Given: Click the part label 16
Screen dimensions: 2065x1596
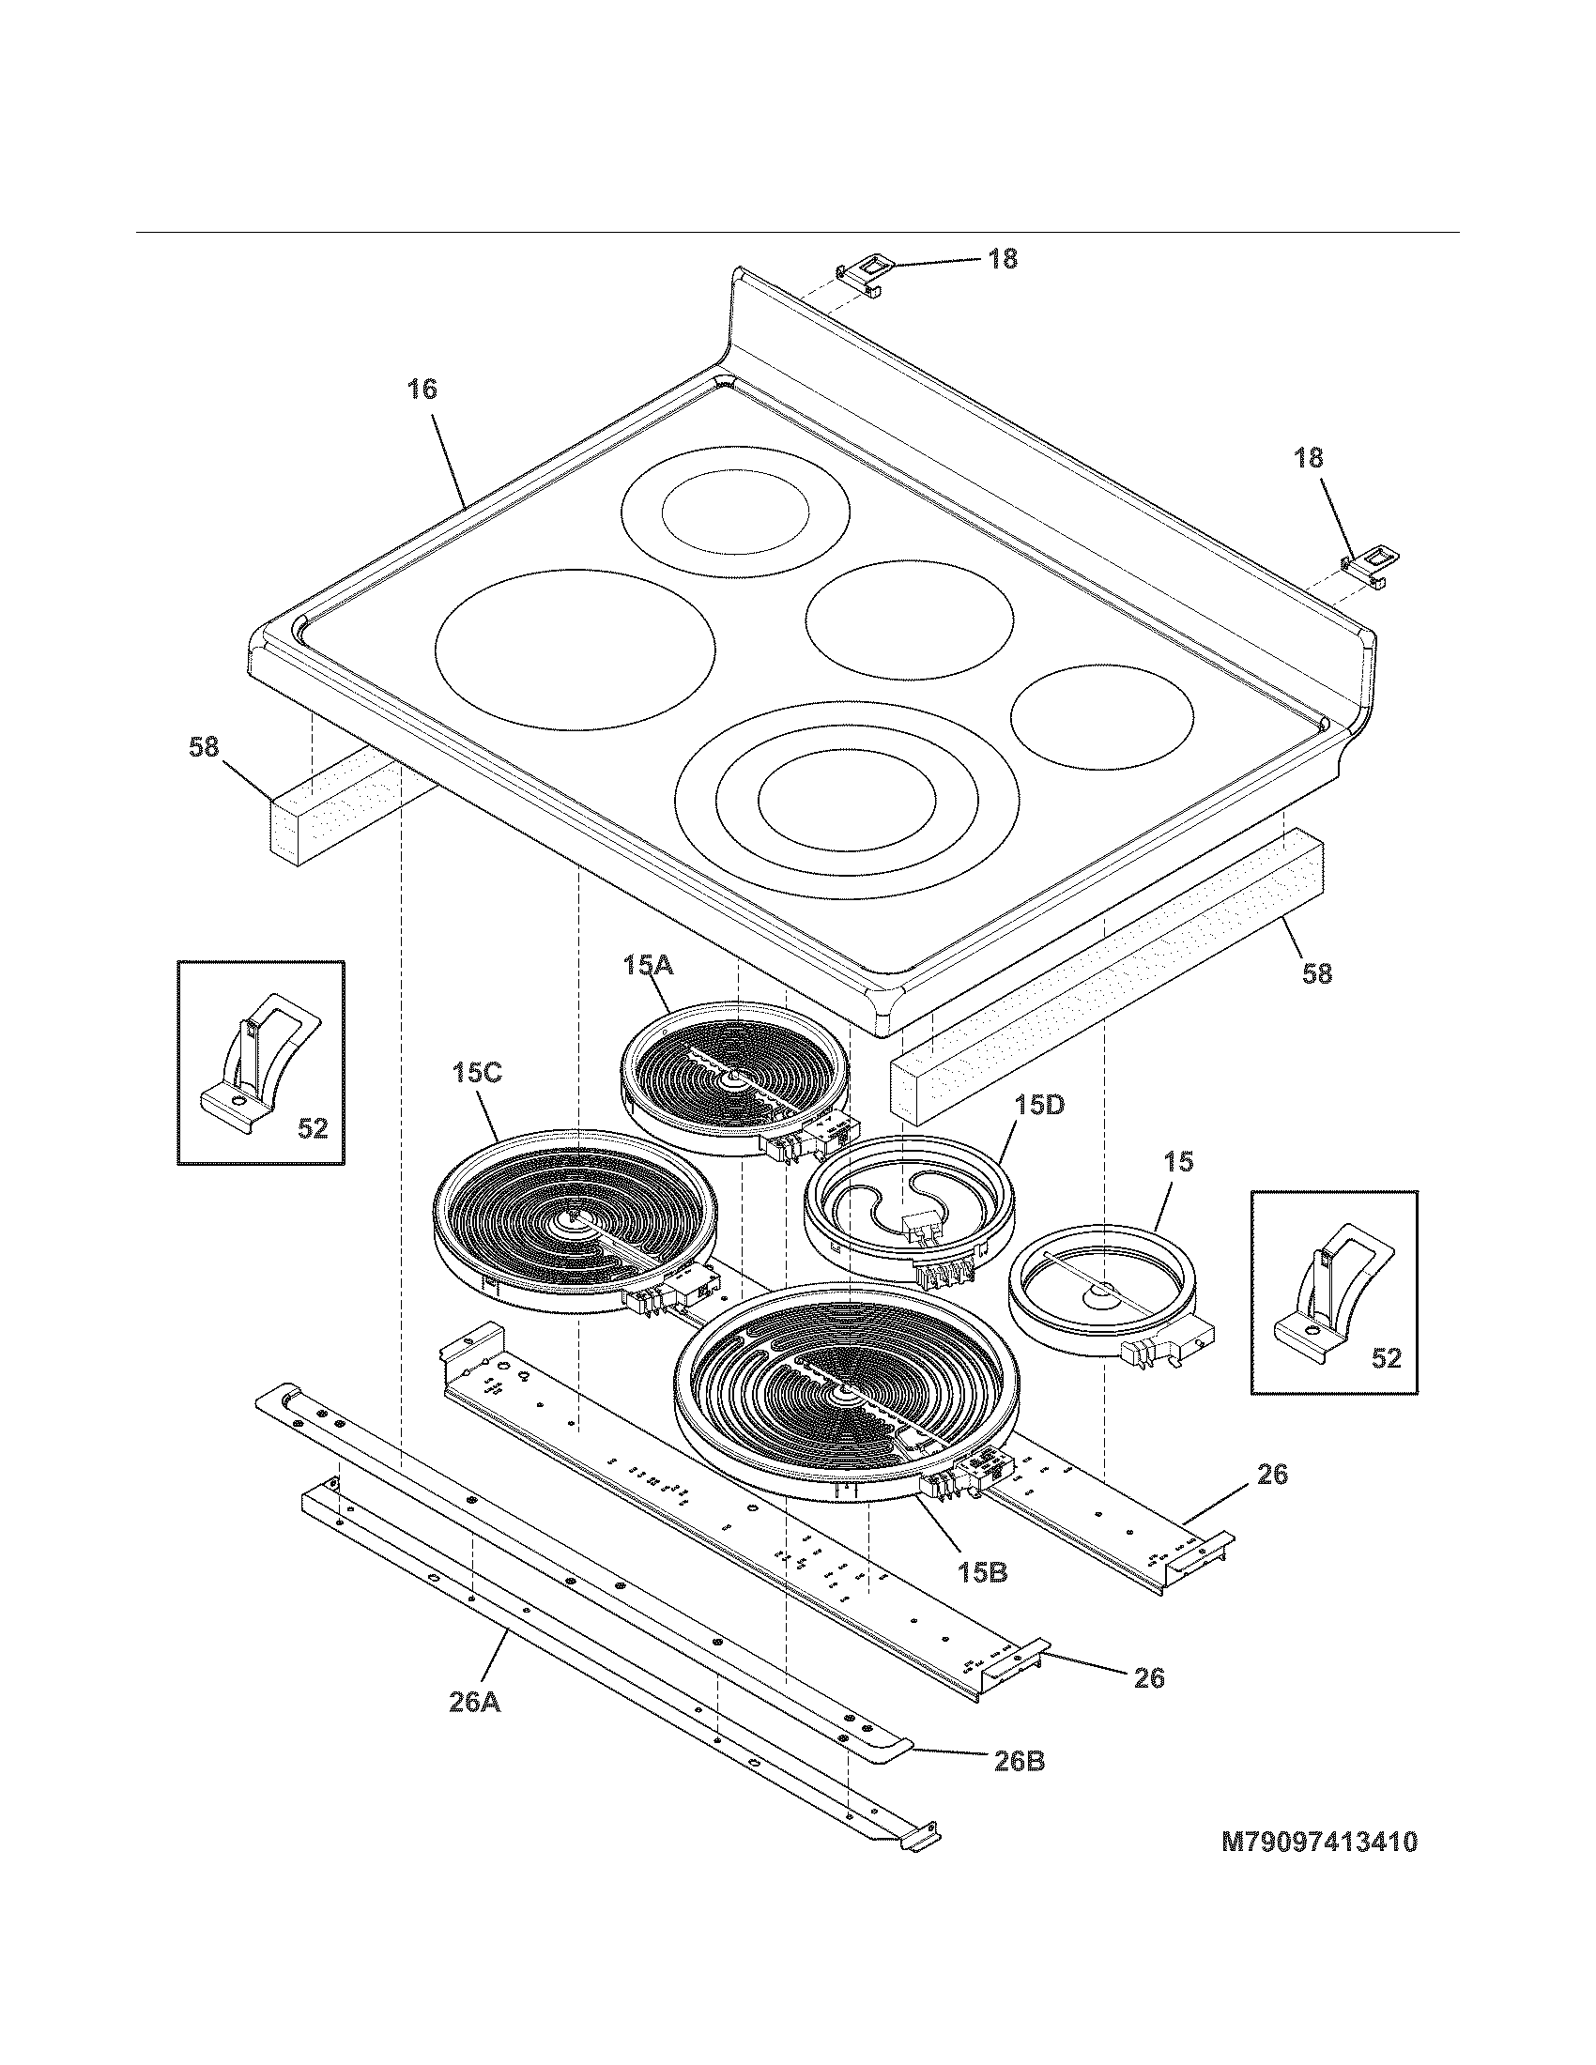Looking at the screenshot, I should [422, 389].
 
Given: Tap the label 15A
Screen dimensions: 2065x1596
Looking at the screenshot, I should [648, 965].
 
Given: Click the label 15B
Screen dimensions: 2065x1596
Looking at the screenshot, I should [982, 1572].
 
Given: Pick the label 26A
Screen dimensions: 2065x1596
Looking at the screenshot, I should [474, 1702].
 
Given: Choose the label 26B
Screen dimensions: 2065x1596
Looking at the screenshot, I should [1019, 1762].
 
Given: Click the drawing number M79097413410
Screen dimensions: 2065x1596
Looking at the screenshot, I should [1319, 1842].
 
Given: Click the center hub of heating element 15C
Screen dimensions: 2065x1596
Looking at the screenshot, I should [573, 1219].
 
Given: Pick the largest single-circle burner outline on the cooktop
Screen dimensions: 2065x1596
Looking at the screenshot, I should [574, 648].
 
